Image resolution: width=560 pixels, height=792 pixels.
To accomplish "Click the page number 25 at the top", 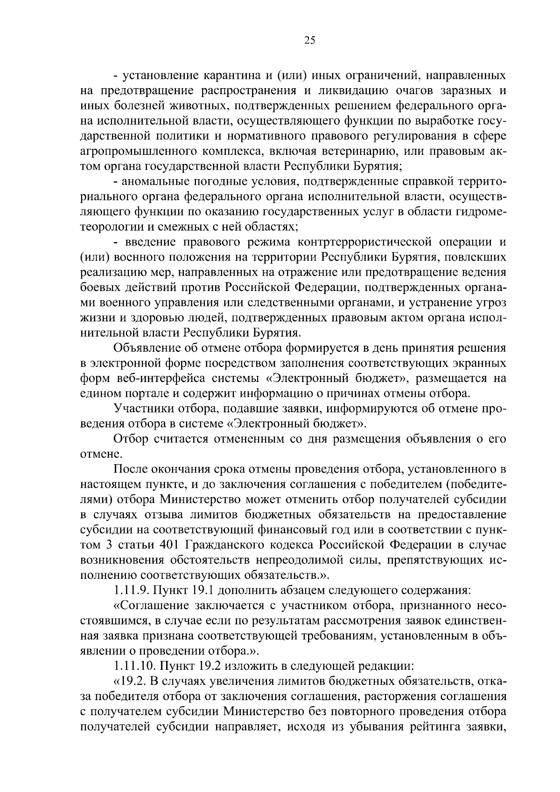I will [x=309, y=41].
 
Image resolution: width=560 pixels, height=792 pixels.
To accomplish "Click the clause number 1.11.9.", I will [x=129, y=591].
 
